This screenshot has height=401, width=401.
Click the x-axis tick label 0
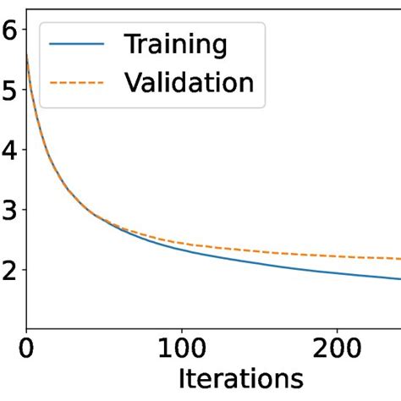(27, 349)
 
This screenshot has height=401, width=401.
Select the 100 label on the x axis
(182, 349)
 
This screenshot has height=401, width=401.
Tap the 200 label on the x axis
(338, 349)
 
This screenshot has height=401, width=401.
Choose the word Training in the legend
(176, 43)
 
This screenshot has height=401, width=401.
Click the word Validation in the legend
(189, 82)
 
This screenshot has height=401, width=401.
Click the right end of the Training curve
(399, 278)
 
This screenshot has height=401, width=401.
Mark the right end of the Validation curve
(399, 258)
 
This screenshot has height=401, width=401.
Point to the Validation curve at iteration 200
(338, 255)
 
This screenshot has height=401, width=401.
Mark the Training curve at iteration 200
(338, 272)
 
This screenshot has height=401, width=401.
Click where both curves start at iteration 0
(27, 55)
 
